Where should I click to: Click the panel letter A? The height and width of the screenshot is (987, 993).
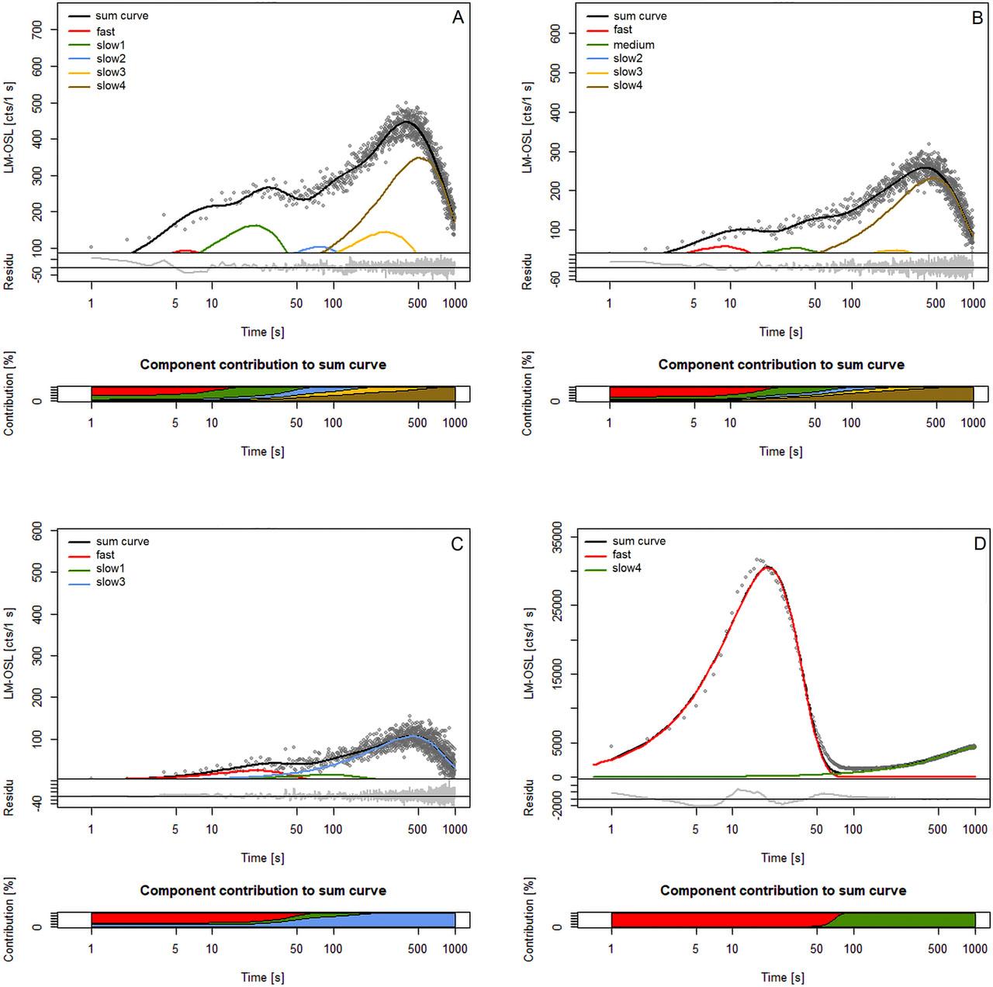click(458, 18)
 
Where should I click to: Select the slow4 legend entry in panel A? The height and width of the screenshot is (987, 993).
click(111, 85)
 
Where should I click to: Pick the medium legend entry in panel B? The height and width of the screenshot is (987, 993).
click(634, 45)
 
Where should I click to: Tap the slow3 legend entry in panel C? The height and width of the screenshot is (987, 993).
click(111, 582)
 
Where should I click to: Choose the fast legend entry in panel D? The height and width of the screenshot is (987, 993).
click(621, 554)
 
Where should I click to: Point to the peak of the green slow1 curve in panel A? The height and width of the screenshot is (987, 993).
click(254, 225)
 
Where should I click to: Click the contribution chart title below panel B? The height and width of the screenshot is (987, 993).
click(781, 364)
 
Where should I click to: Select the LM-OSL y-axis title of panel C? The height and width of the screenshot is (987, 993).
click(10, 658)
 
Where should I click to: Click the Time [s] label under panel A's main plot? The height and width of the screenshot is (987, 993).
click(262, 332)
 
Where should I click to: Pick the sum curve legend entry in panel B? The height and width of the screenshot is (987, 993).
click(640, 16)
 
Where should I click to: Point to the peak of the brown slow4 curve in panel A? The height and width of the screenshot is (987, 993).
click(418, 157)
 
